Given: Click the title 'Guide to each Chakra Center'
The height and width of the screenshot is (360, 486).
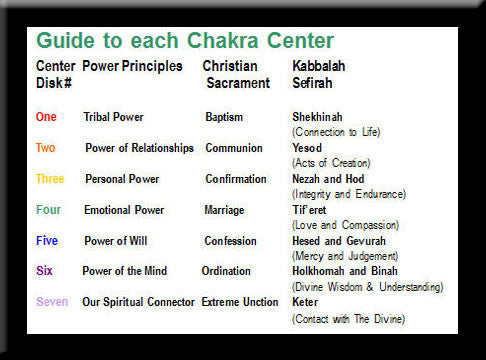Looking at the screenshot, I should [x=184, y=42].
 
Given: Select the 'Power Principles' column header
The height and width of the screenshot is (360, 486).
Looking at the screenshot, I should [x=132, y=67].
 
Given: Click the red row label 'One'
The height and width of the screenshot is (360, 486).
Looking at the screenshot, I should [x=46, y=117].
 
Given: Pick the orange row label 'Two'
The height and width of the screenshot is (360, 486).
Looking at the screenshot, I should [x=46, y=148].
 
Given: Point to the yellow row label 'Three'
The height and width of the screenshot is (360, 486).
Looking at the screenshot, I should [x=50, y=179].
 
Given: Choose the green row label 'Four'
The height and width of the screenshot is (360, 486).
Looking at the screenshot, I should [x=48, y=210].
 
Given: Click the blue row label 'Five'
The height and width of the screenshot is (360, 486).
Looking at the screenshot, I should [x=47, y=241].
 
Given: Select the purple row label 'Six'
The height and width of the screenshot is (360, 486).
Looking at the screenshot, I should [x=44, y=271].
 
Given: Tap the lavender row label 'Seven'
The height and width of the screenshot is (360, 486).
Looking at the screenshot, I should [x=52, y=302].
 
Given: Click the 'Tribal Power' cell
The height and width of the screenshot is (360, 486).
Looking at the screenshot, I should [x=113, y=117].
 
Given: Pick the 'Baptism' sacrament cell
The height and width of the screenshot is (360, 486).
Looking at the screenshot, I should [x=224, y=117].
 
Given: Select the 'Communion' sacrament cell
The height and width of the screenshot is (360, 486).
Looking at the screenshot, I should [x=233, y=148].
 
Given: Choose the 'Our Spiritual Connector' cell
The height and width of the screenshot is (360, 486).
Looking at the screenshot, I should [x=138, y=302].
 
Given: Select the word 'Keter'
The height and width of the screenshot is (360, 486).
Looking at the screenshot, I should [x=306, y=302].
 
